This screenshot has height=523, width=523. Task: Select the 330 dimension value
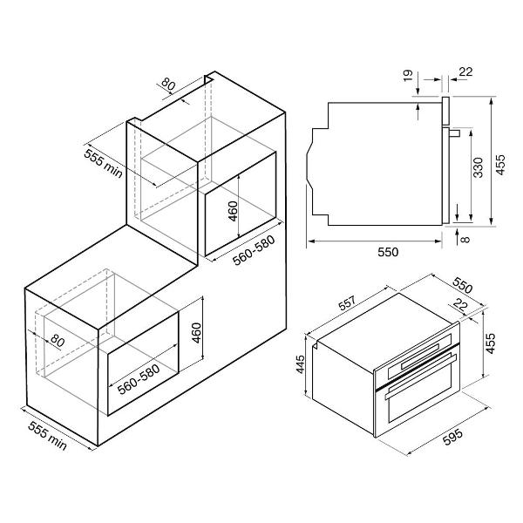coord(478,167)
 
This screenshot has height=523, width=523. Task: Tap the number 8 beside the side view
coord(466,239)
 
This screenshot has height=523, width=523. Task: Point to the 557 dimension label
coord(347,302)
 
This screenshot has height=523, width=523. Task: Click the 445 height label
coord(300,364)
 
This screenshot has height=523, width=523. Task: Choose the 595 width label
coord(452,437)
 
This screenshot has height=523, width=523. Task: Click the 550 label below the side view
coord(388,252)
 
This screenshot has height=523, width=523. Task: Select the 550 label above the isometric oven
coord(463,284)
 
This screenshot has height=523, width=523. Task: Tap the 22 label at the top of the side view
coord(466,71)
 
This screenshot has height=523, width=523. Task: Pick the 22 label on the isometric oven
coord(460,304)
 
